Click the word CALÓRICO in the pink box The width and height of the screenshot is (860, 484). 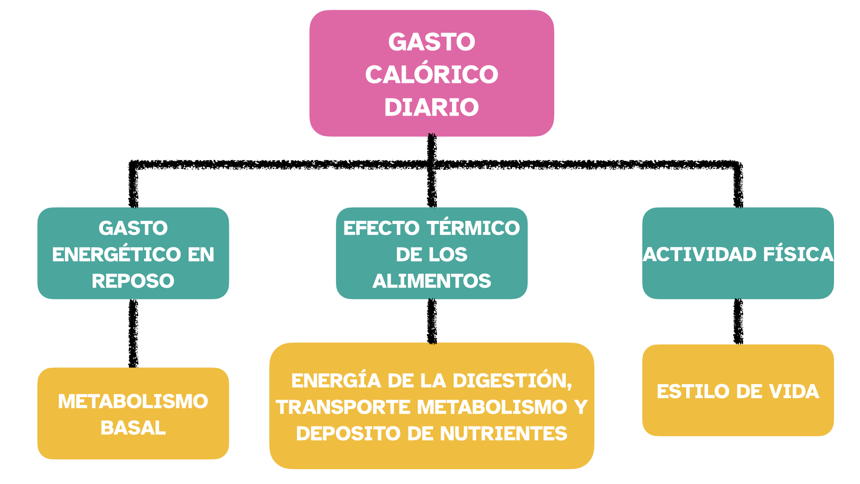[431, 74]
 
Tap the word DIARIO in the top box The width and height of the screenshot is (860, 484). [431, 108]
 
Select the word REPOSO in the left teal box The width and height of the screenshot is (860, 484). [133, 281]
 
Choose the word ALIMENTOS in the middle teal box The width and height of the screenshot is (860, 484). [431, 281]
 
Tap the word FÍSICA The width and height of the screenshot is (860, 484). [798, 255]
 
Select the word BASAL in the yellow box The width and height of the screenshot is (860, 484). [133, 428]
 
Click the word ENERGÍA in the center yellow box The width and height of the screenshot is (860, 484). [336, 381]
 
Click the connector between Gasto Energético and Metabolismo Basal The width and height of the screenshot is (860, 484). [133, 333]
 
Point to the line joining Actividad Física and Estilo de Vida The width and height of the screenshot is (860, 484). [738, 322]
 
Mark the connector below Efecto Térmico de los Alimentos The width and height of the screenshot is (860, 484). [432, 321]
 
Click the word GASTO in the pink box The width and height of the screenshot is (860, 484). [431, 42]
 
